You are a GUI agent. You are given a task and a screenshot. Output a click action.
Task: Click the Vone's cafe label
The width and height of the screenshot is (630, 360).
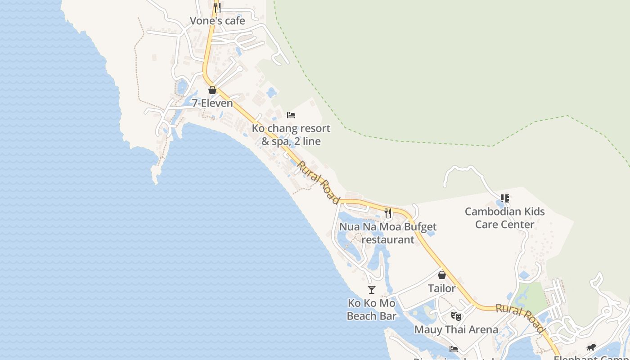[217, 21]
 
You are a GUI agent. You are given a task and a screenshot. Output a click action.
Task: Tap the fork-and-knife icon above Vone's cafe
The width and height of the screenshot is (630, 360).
[217, 7]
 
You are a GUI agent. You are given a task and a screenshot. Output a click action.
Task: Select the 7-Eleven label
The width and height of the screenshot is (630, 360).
[212, 103]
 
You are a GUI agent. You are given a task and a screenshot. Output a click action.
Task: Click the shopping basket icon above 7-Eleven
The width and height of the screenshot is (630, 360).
[212, 90]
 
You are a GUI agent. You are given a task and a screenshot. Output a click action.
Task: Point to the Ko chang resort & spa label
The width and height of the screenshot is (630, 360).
[291, 135]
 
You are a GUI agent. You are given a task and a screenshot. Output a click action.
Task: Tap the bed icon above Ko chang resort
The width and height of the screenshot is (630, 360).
[291, 115]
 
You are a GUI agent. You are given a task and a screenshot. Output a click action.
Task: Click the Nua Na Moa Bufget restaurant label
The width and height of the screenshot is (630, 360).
[388, 233]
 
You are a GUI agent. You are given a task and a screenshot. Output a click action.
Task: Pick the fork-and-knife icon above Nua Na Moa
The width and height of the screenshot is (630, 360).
[388, 213]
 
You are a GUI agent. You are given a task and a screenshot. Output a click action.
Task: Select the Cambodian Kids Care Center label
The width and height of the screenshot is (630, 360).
[504, 218]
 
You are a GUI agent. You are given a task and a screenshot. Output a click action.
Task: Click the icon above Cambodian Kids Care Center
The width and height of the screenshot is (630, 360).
[504, 198]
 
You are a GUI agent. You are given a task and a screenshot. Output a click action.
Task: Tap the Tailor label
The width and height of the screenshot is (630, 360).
[441, 288]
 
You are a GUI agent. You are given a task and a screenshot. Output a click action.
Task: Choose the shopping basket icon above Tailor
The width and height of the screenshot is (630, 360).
[442, 274]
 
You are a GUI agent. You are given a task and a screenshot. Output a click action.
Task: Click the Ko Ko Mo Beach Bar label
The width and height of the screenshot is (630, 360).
[372, 310]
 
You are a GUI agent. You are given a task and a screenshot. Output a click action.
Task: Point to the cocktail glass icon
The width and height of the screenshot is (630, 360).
[372, 290]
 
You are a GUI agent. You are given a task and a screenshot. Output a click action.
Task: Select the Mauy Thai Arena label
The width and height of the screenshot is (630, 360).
[456, 329]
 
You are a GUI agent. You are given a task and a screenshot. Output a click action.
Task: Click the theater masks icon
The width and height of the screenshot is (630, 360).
[456, 316]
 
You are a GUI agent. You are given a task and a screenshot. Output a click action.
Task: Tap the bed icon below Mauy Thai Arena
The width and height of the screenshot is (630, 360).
[454, 349]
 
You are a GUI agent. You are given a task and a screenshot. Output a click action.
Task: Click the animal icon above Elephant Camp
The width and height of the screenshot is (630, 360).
[591, 347]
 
